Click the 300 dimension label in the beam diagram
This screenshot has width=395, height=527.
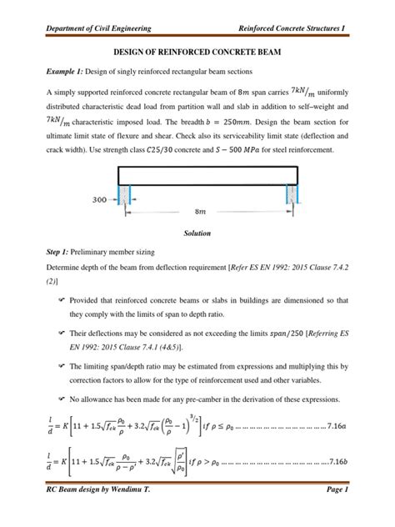click(100, 200)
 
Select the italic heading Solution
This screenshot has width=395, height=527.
click(197, 233)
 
